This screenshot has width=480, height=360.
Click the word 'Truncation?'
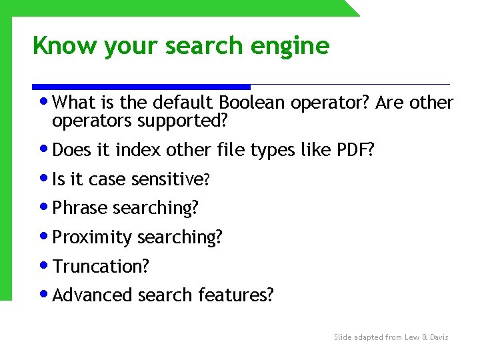coord(101,267)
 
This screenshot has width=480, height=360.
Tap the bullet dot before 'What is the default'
coord(44,102)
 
